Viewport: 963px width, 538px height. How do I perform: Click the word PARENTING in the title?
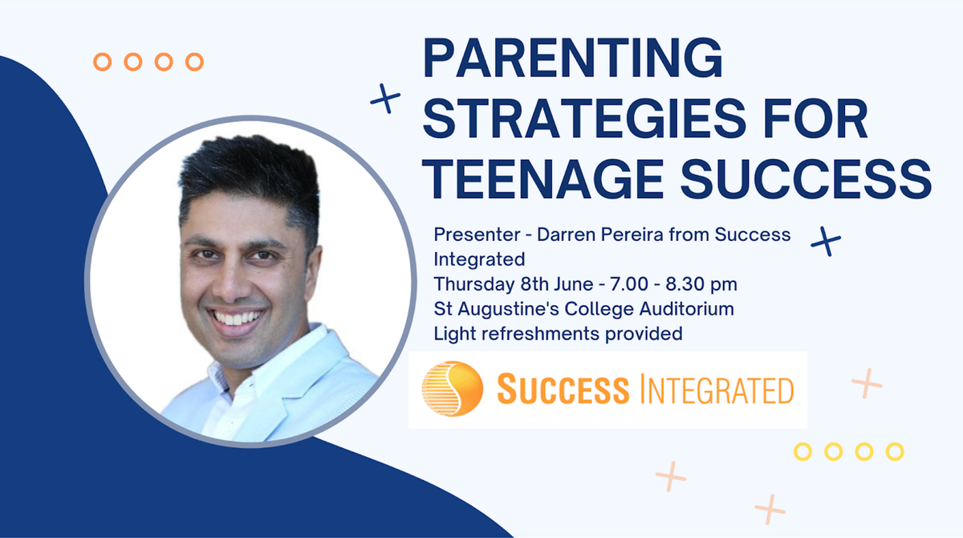click(x=573, y=58)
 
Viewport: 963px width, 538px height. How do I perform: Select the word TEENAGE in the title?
click(x=542, y=179)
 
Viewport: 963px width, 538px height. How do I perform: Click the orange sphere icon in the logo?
click(x=453, y=389)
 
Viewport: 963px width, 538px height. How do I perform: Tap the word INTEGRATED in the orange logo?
click(x=717, y=389)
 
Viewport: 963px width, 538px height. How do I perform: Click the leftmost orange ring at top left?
click(x=103, y=62)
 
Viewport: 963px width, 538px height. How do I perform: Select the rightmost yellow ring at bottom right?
click(x=895, y=451)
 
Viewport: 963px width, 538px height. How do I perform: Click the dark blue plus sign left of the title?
click(x=386, y=99)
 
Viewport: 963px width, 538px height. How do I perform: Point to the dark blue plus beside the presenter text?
click(x=826, y=241)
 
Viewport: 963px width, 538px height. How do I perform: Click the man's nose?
click(x=231, y=283)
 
